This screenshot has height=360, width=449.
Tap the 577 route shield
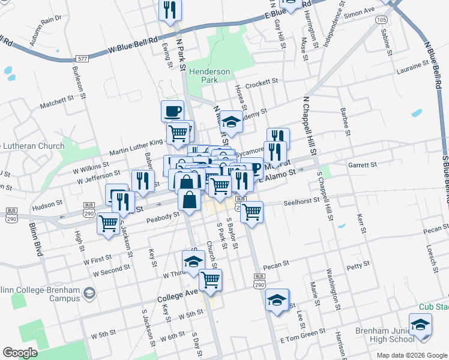pyautogui.click(x=83, y=59)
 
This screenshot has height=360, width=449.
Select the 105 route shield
pyautogui.click(x=382, y=20)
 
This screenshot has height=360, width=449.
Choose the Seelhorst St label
pyautogui.click(x=303, y=202)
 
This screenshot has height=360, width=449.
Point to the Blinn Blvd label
pyautogui.click(x=35, y=239)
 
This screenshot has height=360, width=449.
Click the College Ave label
pyautogui.click(x=178, y=296)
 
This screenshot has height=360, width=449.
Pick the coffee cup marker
pyautogui.click(x=173, y=110)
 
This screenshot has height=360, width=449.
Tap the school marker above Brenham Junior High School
pyautogui.click(x=421, y=324)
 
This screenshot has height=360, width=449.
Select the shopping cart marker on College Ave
pyautogui.click(x=210, y=279)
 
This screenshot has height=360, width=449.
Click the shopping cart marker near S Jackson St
pyautogui.click(x=109, y=224)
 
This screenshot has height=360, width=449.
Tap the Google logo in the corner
pyautogui.click(x=20, y=353)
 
